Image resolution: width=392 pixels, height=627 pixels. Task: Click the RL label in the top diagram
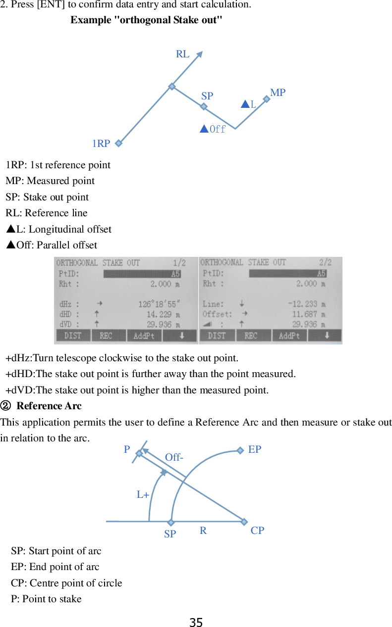182,54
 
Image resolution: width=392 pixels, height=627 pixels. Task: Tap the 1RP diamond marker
118,144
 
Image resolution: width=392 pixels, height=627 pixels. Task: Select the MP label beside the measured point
278,93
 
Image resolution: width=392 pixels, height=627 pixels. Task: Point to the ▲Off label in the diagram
213,130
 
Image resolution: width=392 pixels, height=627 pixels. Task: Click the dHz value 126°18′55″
159,304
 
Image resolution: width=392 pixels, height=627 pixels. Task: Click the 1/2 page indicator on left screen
179,263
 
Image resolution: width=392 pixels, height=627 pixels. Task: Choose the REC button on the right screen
251,336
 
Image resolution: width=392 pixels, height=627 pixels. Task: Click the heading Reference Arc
49,406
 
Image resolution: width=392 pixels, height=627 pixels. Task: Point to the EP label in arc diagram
255,449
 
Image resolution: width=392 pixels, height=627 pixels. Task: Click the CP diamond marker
244,522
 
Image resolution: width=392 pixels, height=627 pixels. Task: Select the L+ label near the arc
143,494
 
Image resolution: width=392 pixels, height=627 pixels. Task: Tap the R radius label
203,531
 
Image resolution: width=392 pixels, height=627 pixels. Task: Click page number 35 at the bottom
196,622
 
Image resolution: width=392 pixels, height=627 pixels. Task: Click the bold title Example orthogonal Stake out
146,20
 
